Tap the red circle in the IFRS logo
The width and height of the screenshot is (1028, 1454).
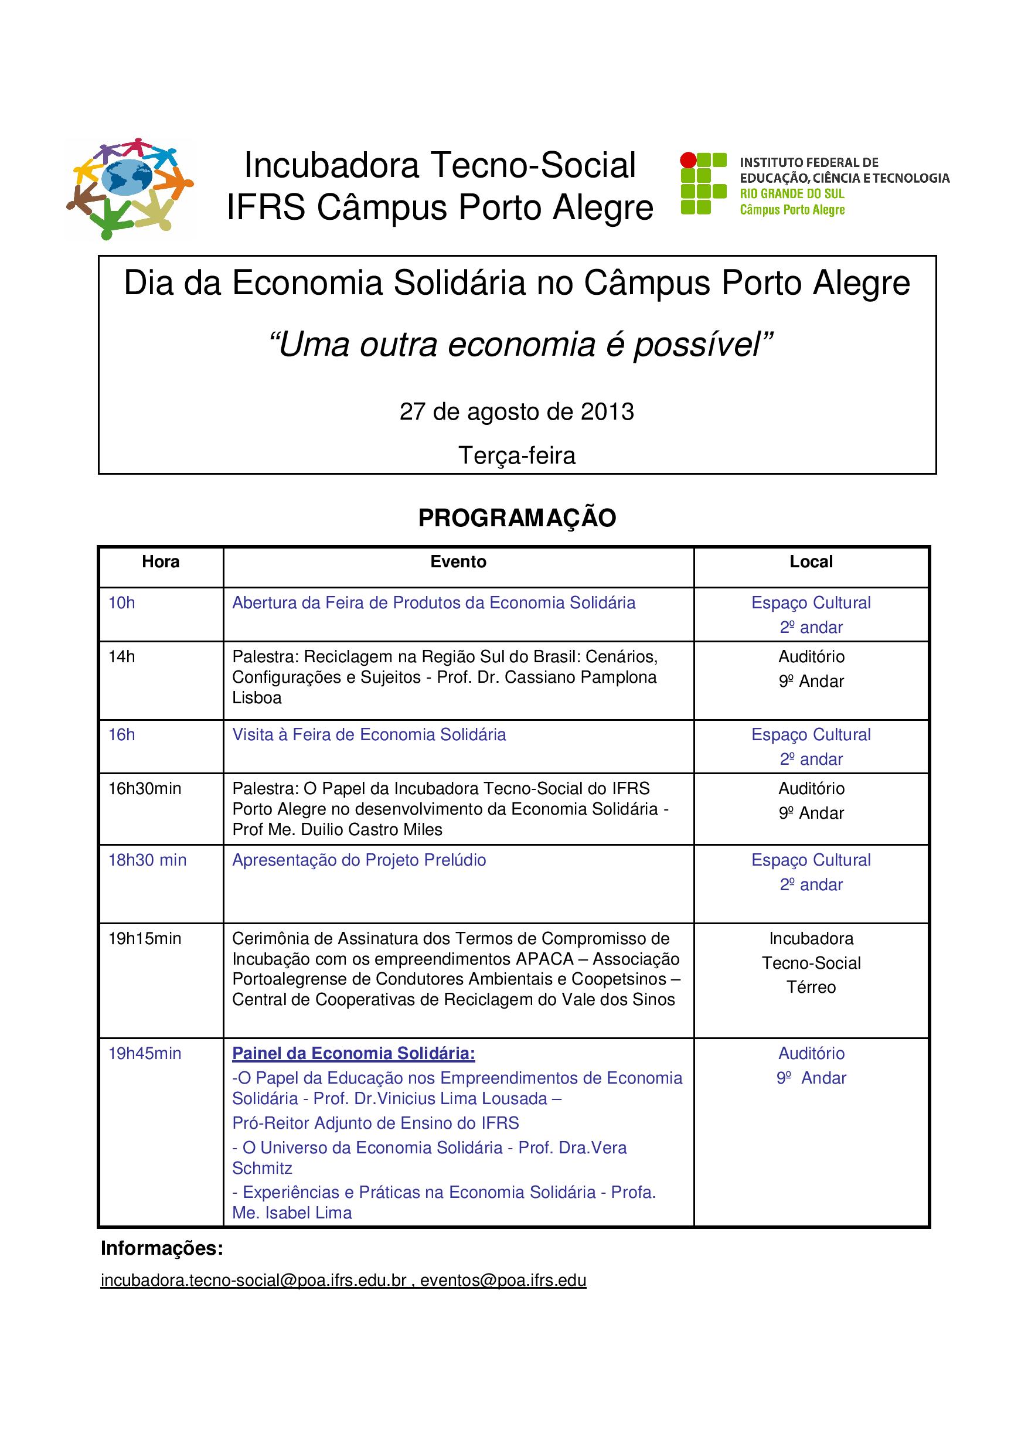point(689,160)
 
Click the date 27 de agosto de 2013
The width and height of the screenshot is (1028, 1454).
point(516,412)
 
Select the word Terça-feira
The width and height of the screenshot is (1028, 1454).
point(516,456)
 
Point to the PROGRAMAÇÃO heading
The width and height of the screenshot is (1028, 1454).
point(516,518)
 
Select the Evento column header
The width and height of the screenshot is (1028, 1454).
point(458,561)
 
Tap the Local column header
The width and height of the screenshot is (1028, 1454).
point(811,561)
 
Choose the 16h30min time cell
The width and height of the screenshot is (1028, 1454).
point(144,788)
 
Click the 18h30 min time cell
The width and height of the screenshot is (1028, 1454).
point(147,860)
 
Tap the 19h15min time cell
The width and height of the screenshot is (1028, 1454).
point(144,938)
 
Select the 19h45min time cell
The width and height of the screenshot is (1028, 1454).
point(144,1053)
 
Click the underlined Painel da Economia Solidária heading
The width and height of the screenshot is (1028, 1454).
point(353,1053)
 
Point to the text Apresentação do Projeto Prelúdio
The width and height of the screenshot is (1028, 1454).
point(359,860)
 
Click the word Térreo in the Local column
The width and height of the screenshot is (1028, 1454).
point(811,988)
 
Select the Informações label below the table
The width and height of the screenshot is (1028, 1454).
point(162,1248)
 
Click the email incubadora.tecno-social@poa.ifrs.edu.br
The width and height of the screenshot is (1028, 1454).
point(253,1280)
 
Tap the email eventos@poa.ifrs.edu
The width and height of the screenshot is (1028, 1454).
point(503,1280)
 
